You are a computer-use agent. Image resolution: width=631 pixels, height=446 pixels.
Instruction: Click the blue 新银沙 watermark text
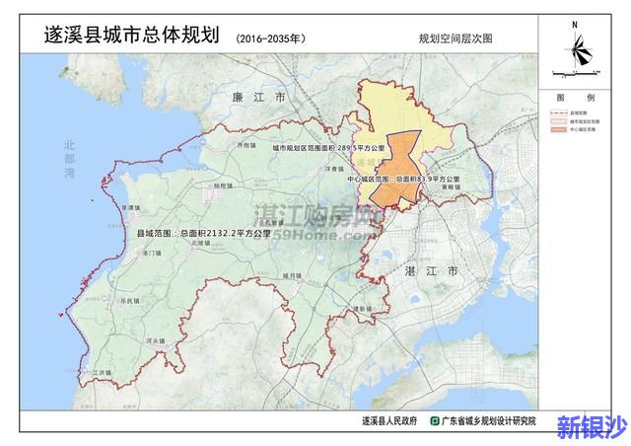(x=591, y=426)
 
